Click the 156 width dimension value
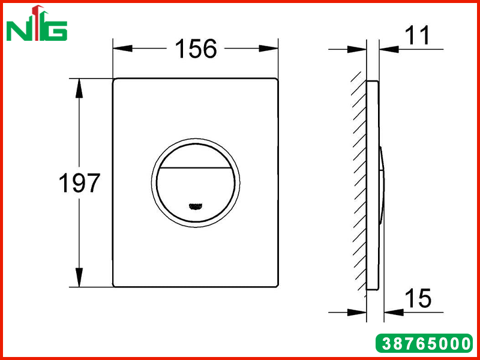pyautogui.click(x=196, y=49)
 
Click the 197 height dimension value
pyautogui.click(x=79, y=183)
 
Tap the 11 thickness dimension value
pyautogui.click(x=418, y=35)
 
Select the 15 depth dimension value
pyautogui.click(x=418, y=298)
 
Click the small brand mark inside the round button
pyautogui.click(x=196, y=206)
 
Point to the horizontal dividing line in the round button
pyautogui.click(x=196, y=168)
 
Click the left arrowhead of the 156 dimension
pyautogui.click(x=122, y=49)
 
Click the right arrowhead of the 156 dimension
pyautogui.click(x=268, y=49)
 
